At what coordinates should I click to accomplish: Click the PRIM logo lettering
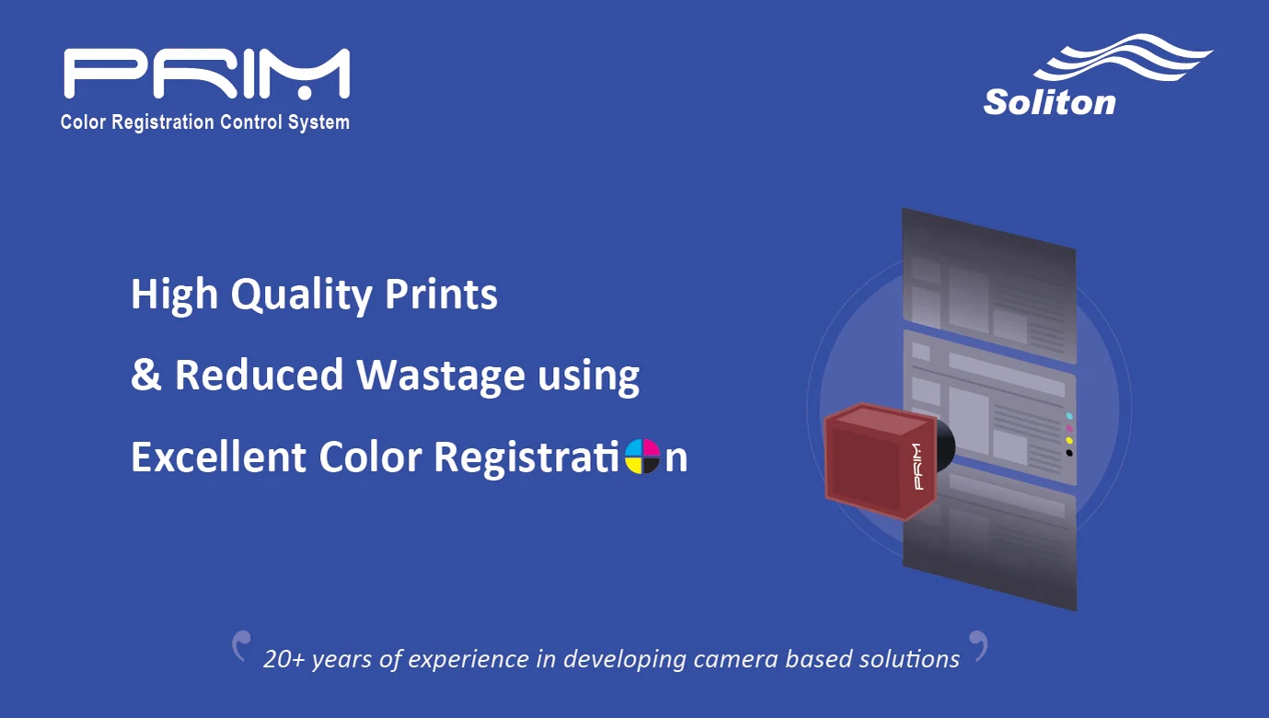coord(206,74)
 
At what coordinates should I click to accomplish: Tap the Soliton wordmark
coord(1049,101)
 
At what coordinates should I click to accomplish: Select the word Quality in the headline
coord(300,295)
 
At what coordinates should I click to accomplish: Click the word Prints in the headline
coord(441,294)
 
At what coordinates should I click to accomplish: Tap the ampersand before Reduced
coord(145,376)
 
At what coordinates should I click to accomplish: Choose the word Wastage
coord(441,376)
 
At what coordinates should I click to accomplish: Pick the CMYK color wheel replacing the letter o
coord(642,457)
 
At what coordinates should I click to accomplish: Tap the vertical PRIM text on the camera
coord(916,466)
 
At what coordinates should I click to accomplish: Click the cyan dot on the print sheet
coord(1068,416)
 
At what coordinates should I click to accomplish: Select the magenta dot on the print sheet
coord(1068,428)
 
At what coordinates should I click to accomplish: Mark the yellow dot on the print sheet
coord(1068,440)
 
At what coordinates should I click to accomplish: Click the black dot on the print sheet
coord(1068,452)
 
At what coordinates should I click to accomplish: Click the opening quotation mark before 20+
coord(241,644)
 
